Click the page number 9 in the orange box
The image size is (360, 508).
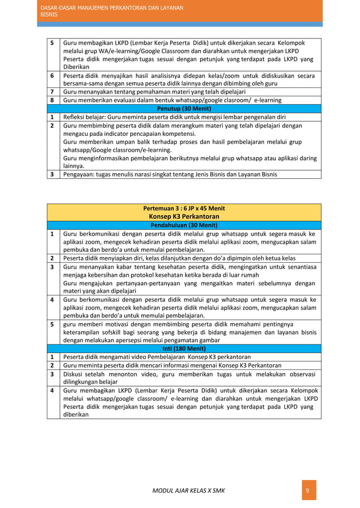(x=307, y=491)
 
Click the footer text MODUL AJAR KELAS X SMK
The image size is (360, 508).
(x=188, y=491)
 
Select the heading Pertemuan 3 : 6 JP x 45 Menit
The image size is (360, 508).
(x=183, y=208)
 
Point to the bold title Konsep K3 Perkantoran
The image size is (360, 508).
(x=183, y=216)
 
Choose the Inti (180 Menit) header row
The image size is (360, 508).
(x=183, y=348)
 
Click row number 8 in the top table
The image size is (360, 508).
(x=51, y=100)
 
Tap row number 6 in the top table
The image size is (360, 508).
(x=51, y=76)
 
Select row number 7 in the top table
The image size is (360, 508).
(x=51, y=92)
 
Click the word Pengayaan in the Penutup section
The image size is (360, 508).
(x=80, y=174)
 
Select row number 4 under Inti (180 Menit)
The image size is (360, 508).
(x=51, y=390)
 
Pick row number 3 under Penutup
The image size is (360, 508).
(x=51, y=174)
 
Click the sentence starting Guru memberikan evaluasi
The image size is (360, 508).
(x=172, y=100)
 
